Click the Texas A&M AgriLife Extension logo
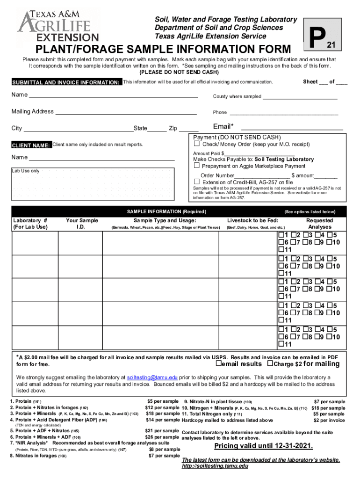tap(58, 26)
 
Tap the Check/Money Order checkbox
tap(197, 144)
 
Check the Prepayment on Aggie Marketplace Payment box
tap(197, 166)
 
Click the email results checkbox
tap(217, 364)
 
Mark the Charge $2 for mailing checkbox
tap(270, 364)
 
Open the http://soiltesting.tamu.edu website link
tap(215, 466)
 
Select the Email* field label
tap(223, 127)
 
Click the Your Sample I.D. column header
tap(82, 224)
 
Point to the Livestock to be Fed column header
tap(252, 220)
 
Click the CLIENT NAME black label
tap(31, 145)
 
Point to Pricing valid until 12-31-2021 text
tap(263, 446)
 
